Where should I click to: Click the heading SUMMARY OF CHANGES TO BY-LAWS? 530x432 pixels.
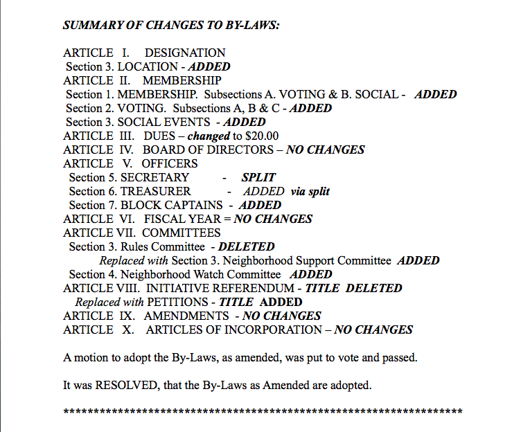point(170,26)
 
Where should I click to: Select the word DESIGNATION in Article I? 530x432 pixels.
point(185,53)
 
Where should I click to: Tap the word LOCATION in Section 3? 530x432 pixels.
point(148,66)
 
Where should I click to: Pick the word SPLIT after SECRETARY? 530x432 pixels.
point(258,177)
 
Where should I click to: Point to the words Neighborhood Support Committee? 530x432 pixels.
point(308,260)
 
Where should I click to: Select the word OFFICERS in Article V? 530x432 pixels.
point(170,163)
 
